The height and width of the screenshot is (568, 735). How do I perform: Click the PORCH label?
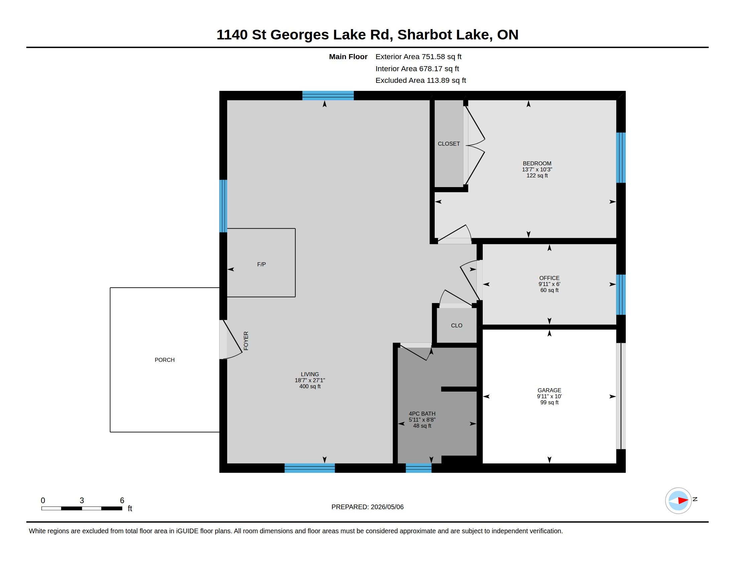coord(165,360)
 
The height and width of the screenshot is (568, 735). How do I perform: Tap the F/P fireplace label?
coord(262,264)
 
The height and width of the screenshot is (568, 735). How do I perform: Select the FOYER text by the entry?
coord(246,341)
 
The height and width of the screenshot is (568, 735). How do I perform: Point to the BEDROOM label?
coord(537,163)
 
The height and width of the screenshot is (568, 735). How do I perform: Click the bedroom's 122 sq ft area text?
coord(537,176)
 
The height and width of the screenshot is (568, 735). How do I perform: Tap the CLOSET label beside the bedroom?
coord(449,144)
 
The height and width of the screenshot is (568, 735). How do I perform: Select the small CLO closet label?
coord(457,325)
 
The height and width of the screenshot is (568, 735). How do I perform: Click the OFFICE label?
coord(549,278)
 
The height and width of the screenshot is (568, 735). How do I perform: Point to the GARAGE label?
coord(549,390)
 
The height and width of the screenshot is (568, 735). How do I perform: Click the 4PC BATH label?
coord(422,414)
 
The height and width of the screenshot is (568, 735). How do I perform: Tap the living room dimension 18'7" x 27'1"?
coord(310,380)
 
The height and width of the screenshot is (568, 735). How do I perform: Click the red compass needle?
coord(683,501)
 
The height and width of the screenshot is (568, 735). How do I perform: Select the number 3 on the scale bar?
coord(82,501)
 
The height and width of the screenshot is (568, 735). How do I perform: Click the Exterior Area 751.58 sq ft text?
coord(418,57)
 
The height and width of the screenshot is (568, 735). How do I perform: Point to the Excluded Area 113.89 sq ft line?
coord(421,81)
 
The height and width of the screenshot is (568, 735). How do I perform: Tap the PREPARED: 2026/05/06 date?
coord(367,507)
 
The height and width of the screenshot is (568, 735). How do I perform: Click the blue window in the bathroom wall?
coord(418,468)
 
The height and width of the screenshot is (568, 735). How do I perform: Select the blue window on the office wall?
coord(621,294)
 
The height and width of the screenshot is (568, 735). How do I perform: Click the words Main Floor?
coord(348,57)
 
